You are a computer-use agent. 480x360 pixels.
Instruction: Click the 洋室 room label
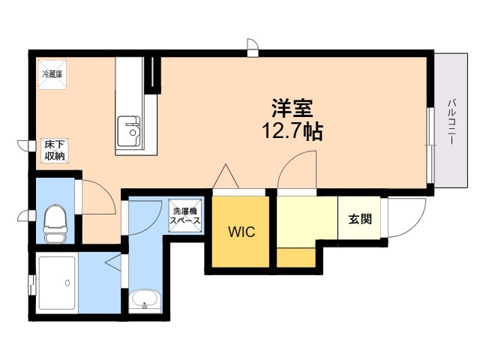[292, 108]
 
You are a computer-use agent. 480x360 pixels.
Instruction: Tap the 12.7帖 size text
[292, 131]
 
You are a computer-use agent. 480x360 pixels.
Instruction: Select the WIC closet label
[241, 232]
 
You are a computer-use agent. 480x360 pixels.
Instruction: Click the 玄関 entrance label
[360, 218]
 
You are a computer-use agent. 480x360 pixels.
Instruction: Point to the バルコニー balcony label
[451, 121]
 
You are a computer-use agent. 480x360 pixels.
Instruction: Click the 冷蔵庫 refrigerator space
[52, 75]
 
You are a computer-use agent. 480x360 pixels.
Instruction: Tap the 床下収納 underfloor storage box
[55, 151]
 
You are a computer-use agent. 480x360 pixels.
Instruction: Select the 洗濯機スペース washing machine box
[185, 216]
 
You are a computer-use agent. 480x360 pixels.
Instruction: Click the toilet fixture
[55, 223]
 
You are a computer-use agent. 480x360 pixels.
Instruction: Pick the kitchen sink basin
[129, 131]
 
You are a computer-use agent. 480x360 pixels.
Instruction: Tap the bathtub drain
[67, 283]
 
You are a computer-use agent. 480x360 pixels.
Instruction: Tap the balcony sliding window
[431, 145]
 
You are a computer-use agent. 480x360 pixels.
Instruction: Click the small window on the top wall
[253, 48]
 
